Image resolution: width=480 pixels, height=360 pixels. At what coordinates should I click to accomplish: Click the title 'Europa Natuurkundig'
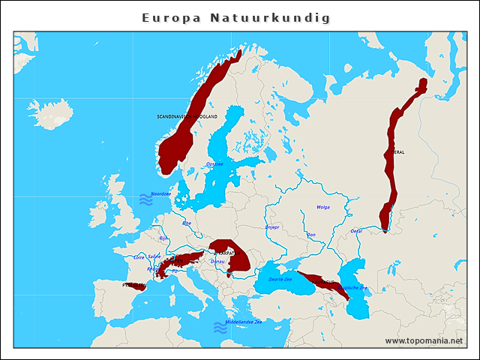click(x=236, y=17)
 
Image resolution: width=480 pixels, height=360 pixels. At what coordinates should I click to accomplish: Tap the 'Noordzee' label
click(x=161, y=193)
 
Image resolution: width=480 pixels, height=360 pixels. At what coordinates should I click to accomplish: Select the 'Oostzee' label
click(x=214, y=163)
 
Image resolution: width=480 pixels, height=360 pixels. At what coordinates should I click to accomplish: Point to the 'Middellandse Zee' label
click(x=248, y=322)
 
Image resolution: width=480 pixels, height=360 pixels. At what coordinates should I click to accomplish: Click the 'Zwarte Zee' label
click(x=280, y=279)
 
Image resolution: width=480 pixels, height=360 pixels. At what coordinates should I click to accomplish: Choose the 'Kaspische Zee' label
click(x=352, y=287)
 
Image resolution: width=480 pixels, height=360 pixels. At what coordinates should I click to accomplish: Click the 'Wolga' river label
click(x=323, y=207)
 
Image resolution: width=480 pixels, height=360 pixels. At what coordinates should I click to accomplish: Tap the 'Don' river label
click(x=312, y=235)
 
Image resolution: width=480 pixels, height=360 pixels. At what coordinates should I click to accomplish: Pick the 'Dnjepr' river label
click(x=272, y=226)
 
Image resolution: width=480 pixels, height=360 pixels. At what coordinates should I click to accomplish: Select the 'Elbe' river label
click(x=187, y=223)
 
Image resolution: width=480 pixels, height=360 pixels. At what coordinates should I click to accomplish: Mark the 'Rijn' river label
click(x=163, y=238)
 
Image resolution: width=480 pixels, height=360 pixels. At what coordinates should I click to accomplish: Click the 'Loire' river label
click(x=139, y=256)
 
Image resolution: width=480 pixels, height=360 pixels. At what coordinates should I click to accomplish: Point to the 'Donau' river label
click(x=228, y=261)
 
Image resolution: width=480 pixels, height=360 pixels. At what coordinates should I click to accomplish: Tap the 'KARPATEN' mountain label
click(x=227, y=253)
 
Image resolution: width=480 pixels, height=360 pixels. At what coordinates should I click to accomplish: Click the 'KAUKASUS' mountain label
click(x=324, y=282)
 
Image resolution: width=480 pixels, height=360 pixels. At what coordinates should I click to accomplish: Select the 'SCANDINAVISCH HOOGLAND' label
click(x=187, y=117)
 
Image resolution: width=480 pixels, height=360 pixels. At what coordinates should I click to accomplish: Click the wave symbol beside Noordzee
click(x=145, y=199)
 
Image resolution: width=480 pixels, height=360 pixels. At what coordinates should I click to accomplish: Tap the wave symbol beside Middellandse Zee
click(x=220, y=327)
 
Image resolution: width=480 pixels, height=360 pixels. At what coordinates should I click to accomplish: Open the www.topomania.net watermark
click(x=424, y=340)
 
